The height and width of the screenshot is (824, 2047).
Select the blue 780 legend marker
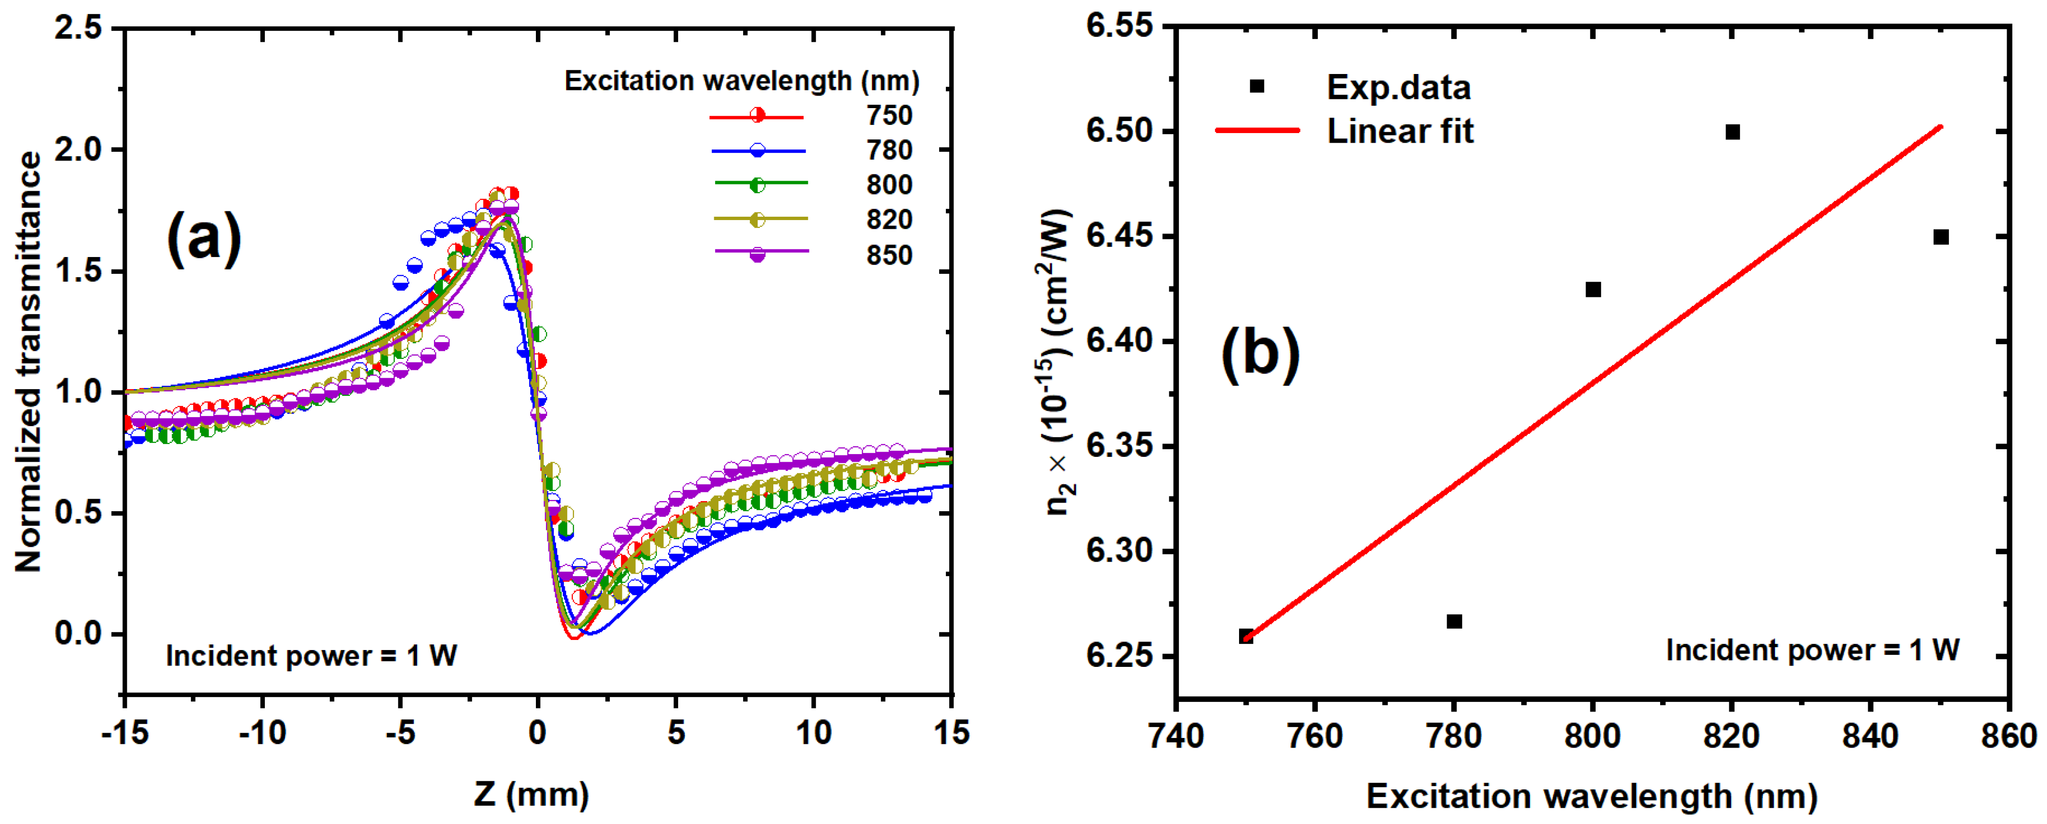(x=757, y=150)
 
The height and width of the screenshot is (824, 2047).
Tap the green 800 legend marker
(x=757, y=184)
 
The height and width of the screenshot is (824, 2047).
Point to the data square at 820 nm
(x=1732, y=132)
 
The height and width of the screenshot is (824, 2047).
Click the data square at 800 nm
(x=1592, y=289)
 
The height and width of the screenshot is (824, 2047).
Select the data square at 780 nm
(x=1453, y=621)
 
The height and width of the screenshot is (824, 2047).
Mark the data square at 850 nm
(x=1940, y=237)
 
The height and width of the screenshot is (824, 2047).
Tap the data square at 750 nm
(x=1246, y=636)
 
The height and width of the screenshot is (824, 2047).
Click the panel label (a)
(x=203, y=238)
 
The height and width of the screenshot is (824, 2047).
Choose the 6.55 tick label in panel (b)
(x=1119, y=26)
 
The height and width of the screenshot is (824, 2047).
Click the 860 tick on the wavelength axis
(x=2008, y=736)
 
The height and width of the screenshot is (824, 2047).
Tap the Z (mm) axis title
(x=531, y=794)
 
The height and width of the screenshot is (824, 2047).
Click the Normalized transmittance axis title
(x=29, y=361)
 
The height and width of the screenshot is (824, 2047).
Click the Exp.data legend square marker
(x=1256, y=86)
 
